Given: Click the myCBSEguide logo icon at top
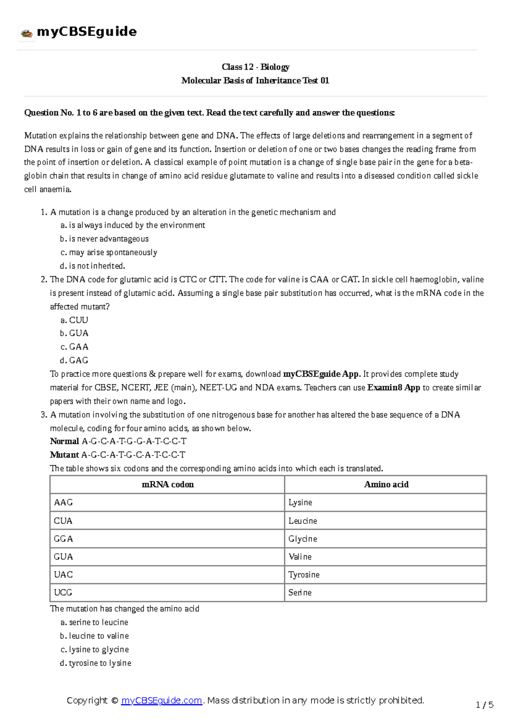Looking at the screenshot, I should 27,33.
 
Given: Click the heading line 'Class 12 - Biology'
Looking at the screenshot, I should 255,67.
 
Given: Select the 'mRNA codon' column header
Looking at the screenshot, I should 167,484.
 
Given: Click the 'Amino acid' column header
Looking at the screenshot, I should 386,484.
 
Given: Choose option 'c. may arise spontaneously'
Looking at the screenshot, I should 109,253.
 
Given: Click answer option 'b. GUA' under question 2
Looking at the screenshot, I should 74,333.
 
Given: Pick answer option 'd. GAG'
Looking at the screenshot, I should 74,361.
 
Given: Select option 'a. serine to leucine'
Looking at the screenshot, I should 94,623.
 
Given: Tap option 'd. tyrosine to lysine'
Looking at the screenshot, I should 96,663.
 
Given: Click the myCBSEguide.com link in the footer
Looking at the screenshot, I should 161,700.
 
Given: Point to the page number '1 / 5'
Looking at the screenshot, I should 484,705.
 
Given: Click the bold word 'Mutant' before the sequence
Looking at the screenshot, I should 65,455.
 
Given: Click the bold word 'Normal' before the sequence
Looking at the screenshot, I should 65,441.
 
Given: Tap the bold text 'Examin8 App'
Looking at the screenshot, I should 394,388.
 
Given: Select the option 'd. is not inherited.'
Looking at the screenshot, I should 93,266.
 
